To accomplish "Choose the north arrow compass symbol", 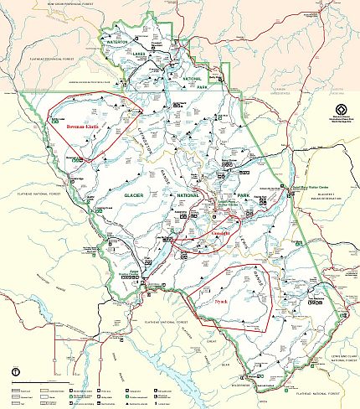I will pyautogui.click(x=15, y=371).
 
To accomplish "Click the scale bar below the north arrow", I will pyautogui.click(x=25, y=384).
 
